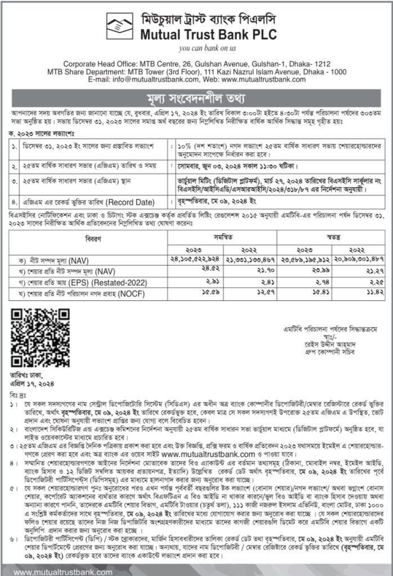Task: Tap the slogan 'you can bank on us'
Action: click(196, 49)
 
